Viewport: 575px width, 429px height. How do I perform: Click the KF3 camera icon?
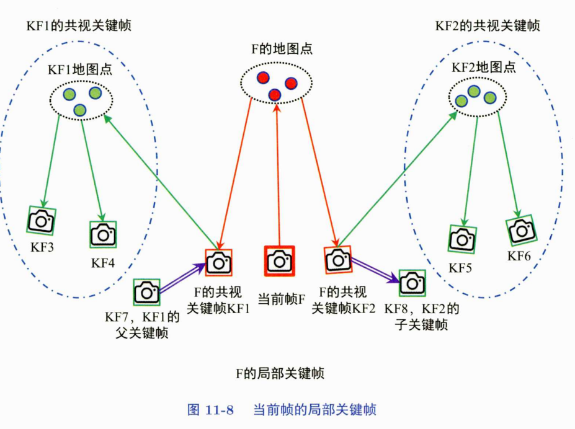coord(42,221)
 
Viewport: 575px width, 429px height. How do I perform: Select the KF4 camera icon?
coord(103,234)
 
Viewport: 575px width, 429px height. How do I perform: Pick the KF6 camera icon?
coord(521,231)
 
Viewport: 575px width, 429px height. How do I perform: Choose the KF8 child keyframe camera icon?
coord(412,283)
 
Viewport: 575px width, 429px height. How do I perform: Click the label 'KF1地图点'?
coord(80,69)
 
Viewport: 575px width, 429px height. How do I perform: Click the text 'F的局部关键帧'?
coord(279,373)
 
